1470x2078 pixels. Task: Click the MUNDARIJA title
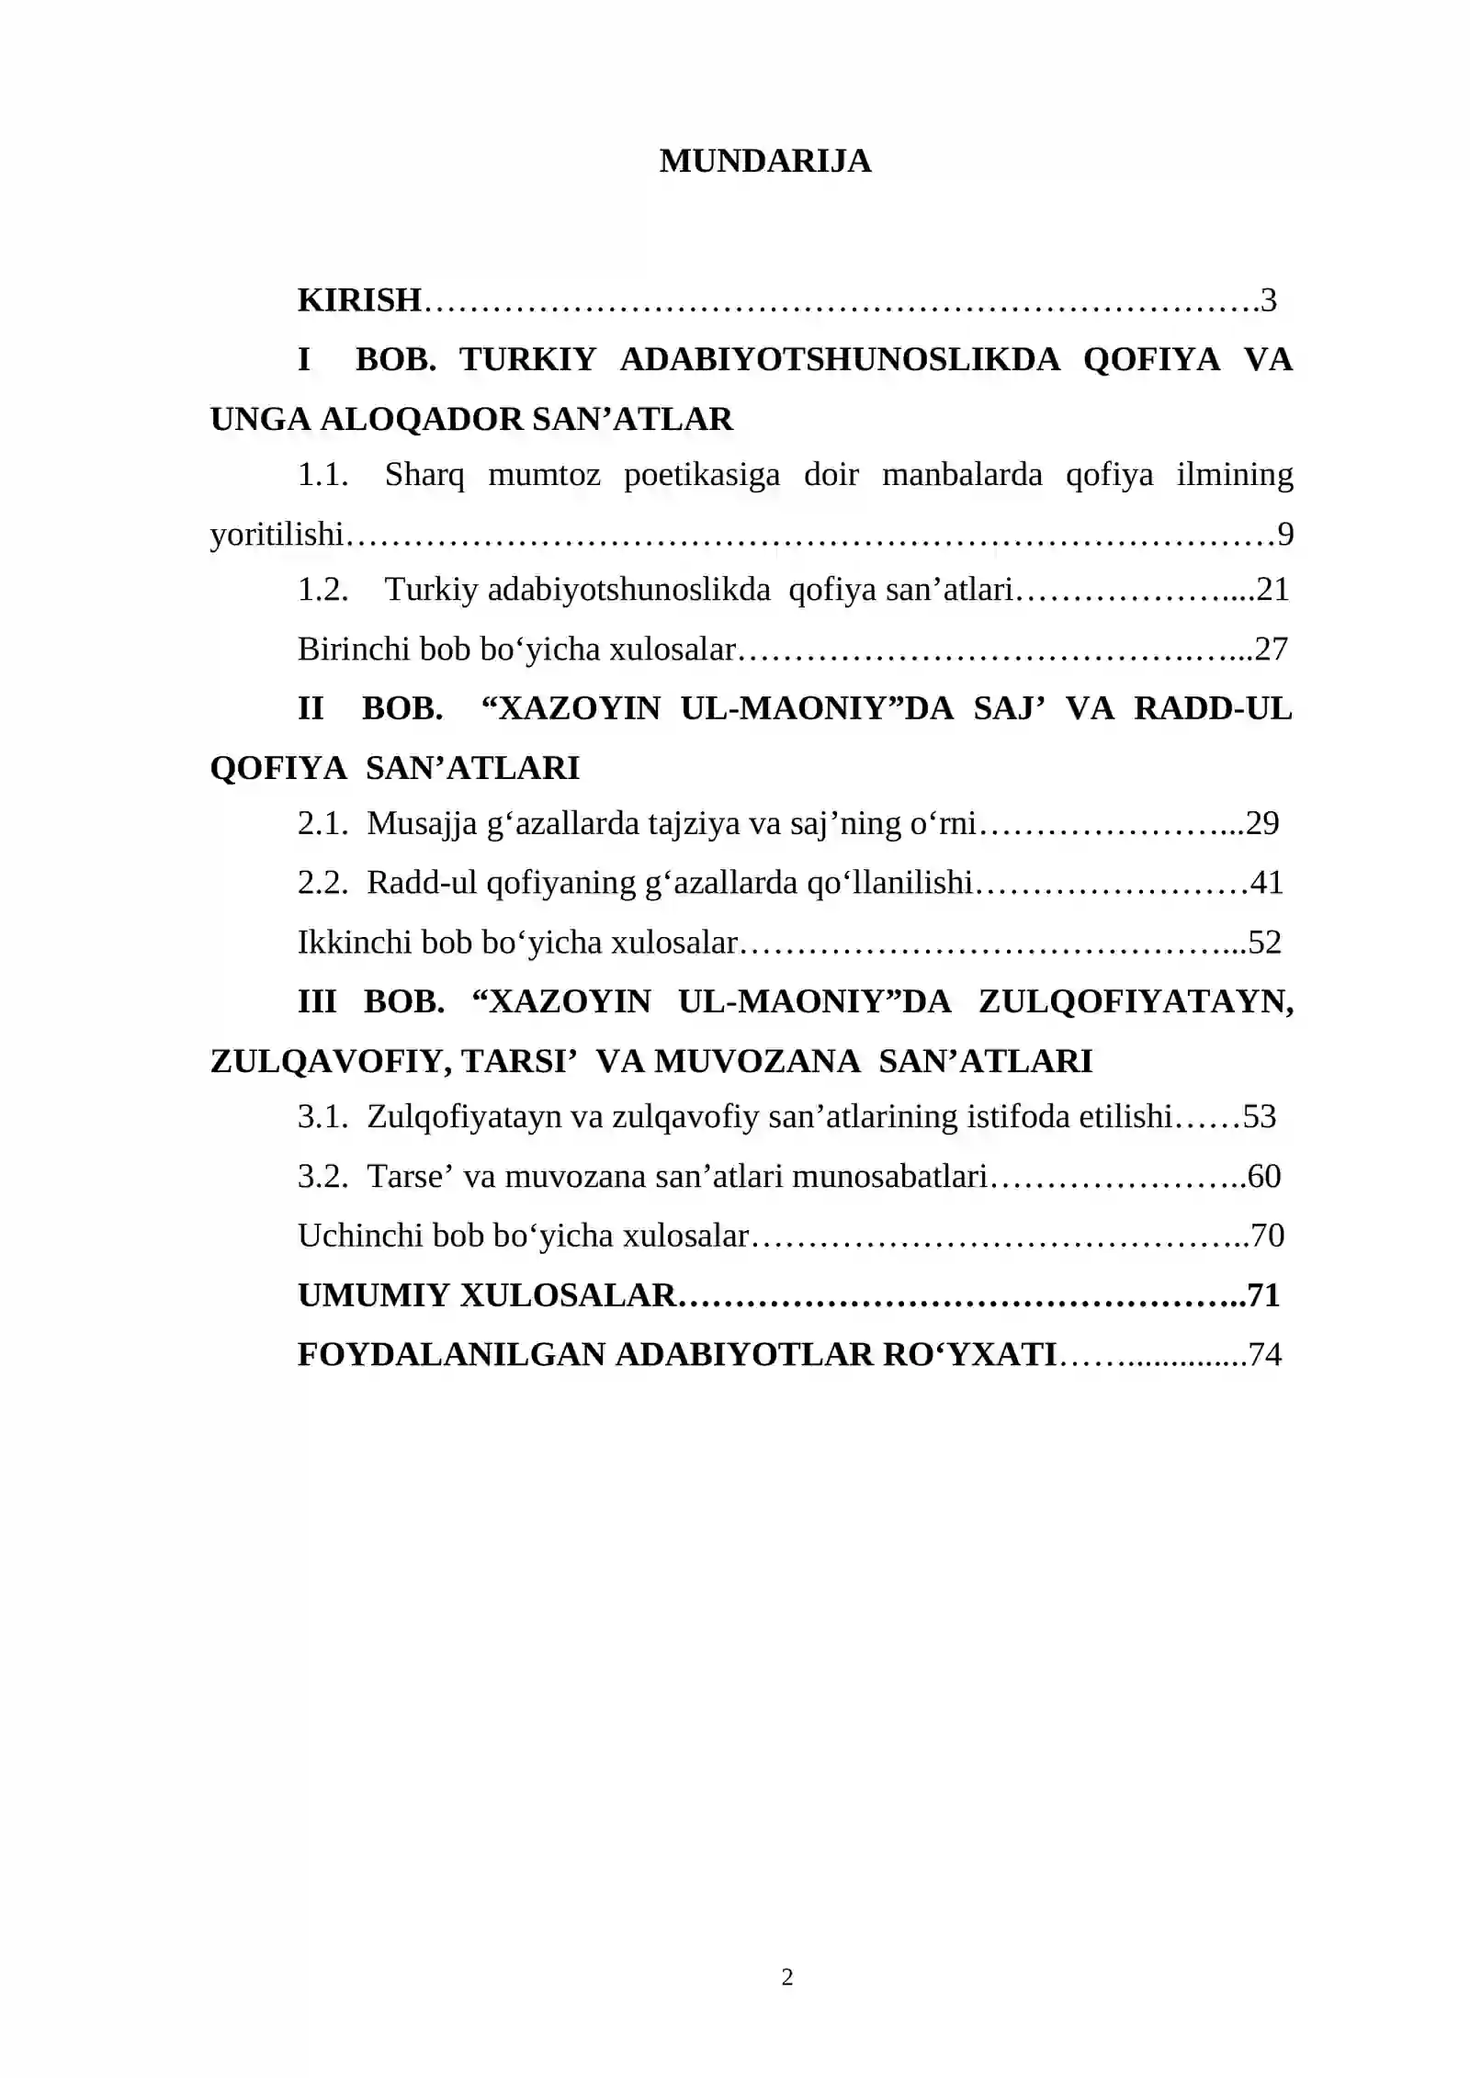[764, 161]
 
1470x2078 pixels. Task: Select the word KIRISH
[359, 300]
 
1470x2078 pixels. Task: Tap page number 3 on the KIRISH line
[1269, 300]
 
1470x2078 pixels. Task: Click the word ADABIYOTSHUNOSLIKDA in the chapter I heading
[840, 359]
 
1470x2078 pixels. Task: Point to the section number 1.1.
[322, 475]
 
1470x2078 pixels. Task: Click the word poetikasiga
[702, 475]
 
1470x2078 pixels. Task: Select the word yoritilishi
[277, 534]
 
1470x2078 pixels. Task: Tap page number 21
[1272, 589]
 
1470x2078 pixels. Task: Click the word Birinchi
[353, 649]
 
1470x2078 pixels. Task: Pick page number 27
[1272, 649]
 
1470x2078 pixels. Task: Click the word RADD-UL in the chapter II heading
[1213, 708]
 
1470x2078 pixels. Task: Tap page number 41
[1267, 883]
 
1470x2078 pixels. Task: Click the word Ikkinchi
[354, 943]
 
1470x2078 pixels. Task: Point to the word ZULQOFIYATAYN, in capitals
[1136, 1001]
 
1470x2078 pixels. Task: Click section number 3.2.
[322, 1177]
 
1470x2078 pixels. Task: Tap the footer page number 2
[787, 1978]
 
